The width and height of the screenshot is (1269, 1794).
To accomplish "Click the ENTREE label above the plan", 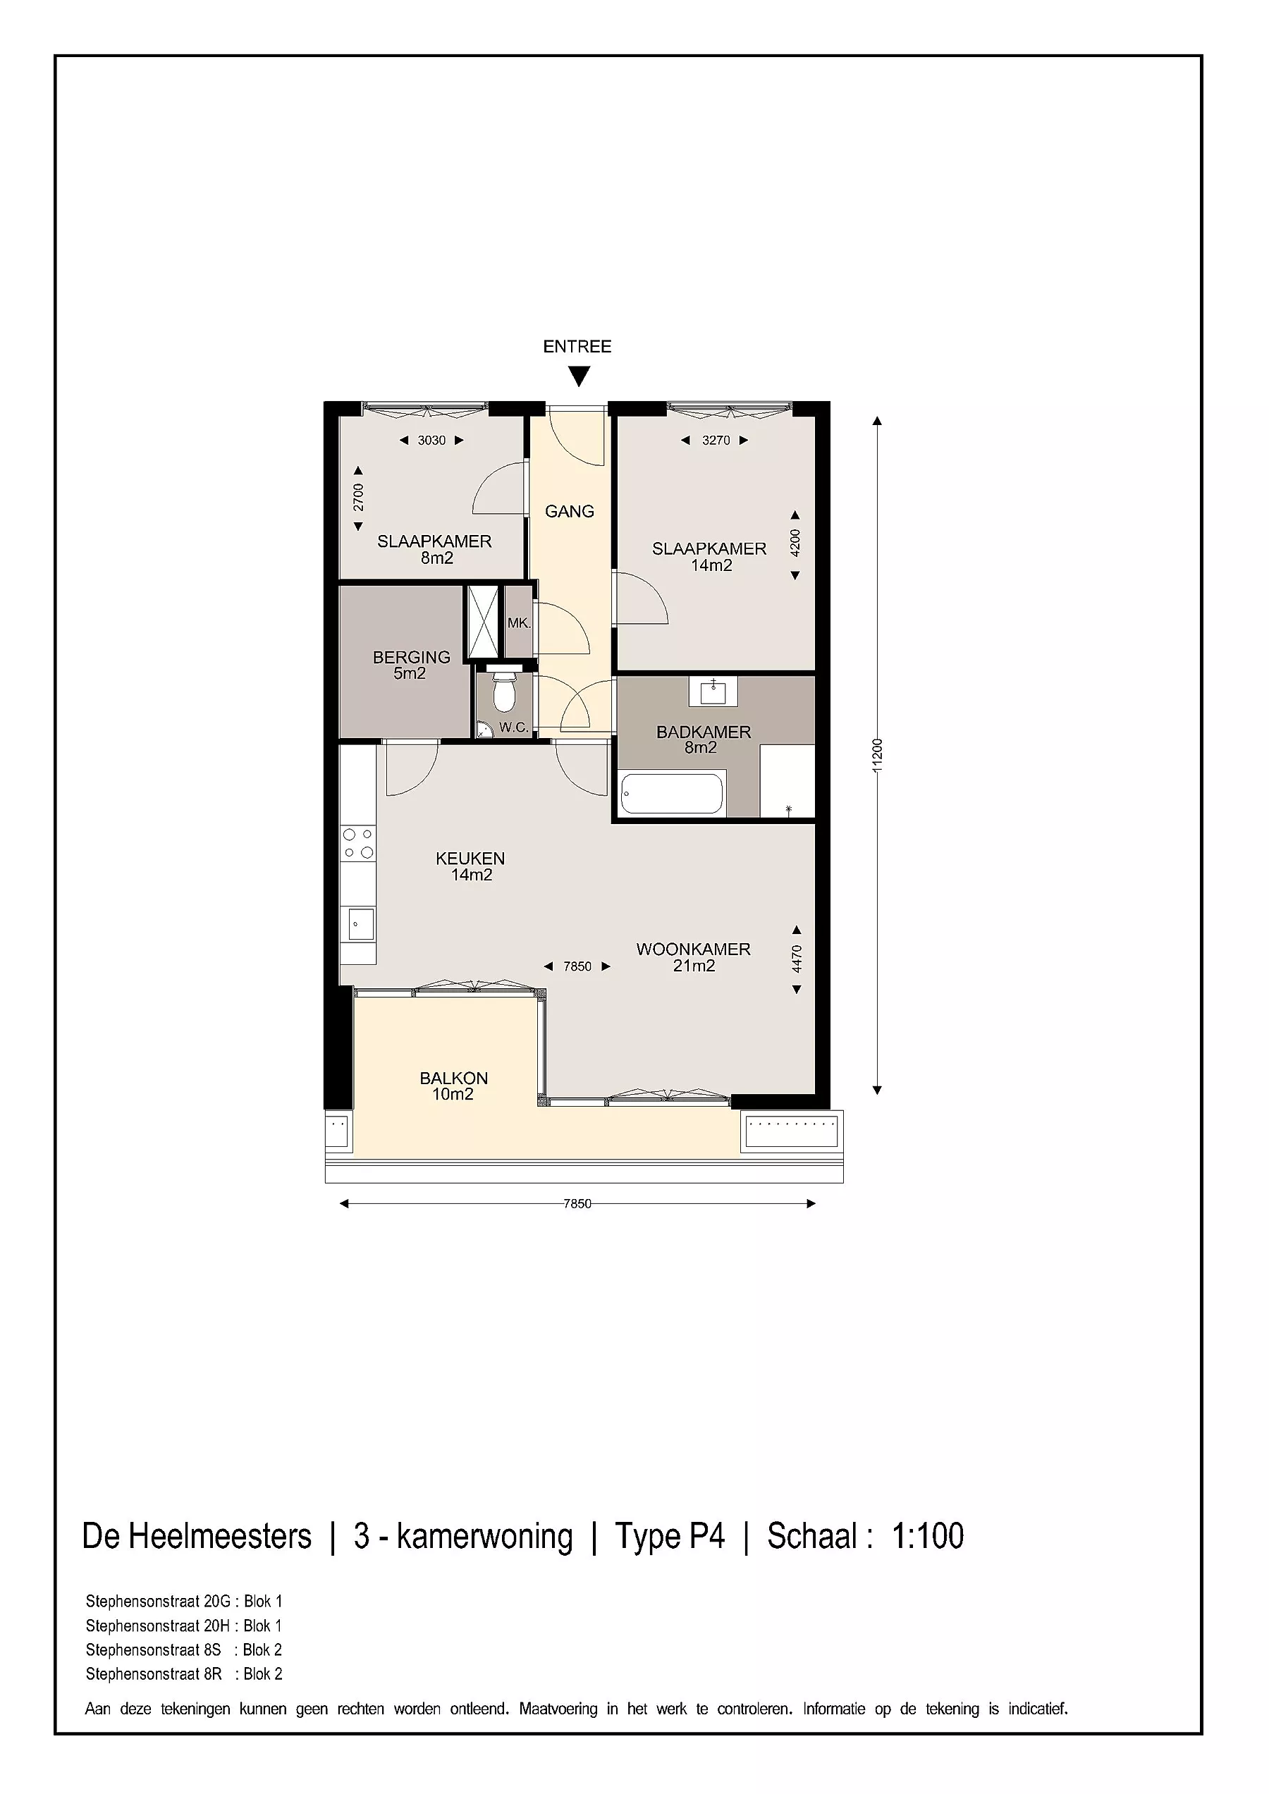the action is (577, 346).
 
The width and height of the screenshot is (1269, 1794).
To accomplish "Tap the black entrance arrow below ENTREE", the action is (578, 377).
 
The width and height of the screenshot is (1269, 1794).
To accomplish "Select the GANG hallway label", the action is (570, 511).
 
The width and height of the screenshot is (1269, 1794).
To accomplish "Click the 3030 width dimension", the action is (431, 440).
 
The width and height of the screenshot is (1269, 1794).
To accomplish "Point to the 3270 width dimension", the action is (716, 440).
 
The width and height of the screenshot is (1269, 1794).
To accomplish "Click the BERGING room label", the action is (412, 657).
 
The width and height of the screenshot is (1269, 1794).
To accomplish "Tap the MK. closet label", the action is (519, 624).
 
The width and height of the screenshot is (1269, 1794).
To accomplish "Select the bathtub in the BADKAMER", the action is (672, 793).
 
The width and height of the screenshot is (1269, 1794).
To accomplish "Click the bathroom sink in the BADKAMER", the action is (713, 691).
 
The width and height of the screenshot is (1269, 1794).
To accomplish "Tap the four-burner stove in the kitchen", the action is (358, 843).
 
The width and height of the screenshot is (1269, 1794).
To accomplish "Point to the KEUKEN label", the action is (470, 858).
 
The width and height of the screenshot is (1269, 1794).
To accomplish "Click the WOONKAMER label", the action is (694, 950).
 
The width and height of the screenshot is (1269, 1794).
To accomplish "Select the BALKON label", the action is (454, 1079).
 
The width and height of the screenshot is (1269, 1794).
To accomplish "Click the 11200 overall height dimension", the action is (878, 756).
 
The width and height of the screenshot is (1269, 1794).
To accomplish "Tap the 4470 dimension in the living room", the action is (797, 959).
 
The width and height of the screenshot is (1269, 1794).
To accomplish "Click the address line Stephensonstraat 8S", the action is (154, 1649).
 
